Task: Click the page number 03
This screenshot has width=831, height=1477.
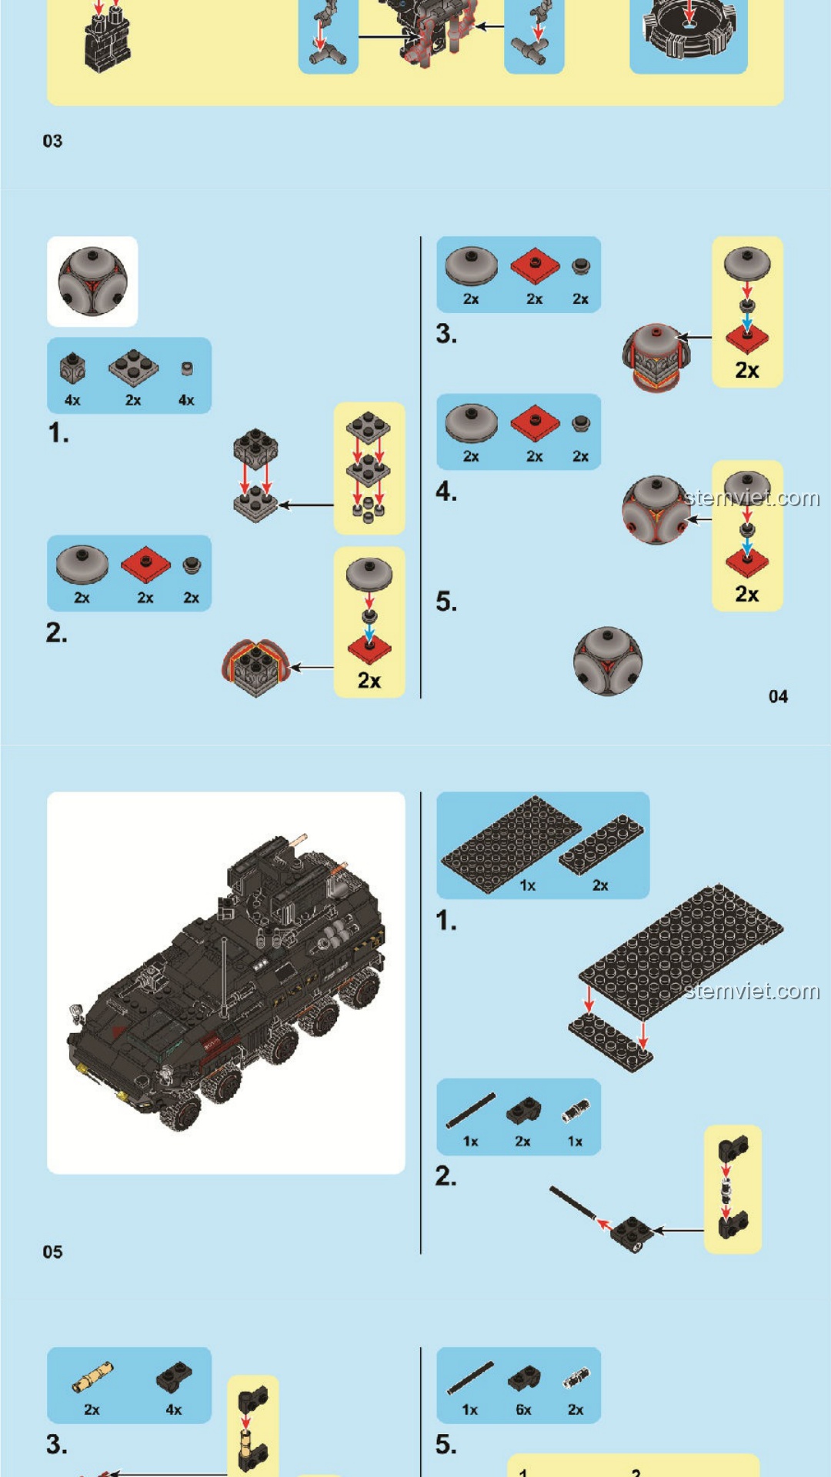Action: click(52, 141)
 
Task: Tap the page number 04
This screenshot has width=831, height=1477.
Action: click(778, 696)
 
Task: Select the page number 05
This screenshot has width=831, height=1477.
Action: click(52, 1252)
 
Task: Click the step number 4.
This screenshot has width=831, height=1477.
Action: click(446, 491)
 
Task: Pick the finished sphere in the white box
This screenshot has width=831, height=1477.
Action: click(92, 282)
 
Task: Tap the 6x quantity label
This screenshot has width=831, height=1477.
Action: click(523, 1409)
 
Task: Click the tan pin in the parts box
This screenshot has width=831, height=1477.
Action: click(92, 1377)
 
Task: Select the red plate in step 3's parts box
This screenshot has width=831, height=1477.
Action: click(535, 266)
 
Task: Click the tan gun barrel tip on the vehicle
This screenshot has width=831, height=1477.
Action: click(300, 838)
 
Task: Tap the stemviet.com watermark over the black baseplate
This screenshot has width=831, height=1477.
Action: click(752, 991)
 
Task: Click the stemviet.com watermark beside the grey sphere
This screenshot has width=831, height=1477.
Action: click(752, 498)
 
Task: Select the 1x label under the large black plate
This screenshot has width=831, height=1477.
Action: click(527, 885)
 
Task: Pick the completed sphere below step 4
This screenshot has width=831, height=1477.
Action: click(608, 661)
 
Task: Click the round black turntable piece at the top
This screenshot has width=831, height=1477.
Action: click(689, 27)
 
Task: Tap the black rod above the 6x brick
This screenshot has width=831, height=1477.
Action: click(471, 1378)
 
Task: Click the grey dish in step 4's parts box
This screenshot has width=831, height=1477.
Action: click(472, 422)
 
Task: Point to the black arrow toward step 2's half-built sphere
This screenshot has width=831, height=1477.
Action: click(312, 667)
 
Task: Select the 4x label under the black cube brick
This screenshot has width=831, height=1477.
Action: click(72, 400)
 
